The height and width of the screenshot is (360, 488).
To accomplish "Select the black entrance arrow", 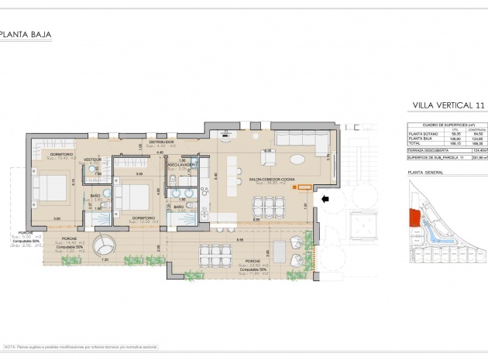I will (327, 199).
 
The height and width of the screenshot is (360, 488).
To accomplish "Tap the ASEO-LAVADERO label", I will (183, 165).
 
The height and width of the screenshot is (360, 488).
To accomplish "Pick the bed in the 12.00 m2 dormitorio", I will (129, 196).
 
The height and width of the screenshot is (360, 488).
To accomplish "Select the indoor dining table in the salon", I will (268, 204).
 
